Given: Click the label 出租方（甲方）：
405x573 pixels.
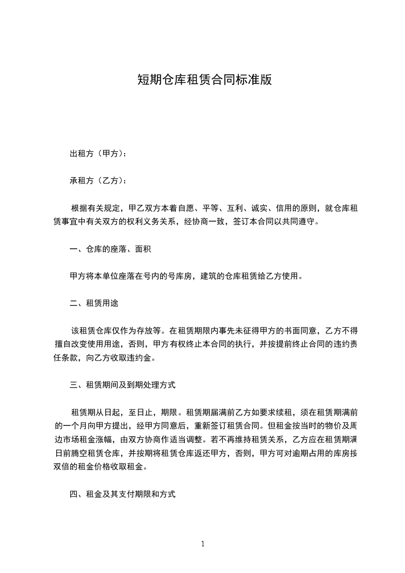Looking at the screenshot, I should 99,154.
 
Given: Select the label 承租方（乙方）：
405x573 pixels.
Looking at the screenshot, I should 99,181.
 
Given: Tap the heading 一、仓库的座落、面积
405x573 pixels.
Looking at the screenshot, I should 110,250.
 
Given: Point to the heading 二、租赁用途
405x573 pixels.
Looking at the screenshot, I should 94,304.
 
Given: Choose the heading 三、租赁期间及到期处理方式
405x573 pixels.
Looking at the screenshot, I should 123,385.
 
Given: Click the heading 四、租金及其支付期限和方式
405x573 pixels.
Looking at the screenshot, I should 123,494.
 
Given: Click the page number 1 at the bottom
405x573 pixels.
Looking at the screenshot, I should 203,544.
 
